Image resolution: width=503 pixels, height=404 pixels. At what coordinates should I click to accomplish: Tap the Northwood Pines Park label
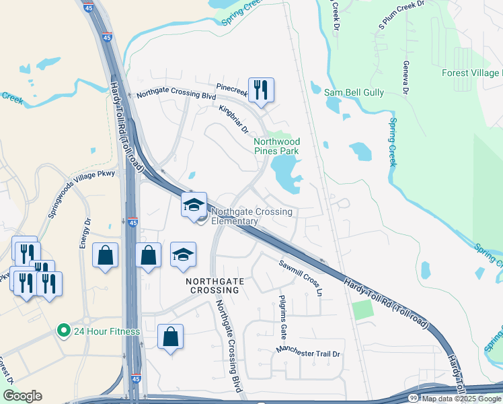[276, 147]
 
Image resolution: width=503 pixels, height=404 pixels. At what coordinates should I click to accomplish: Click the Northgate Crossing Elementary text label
[252, 216]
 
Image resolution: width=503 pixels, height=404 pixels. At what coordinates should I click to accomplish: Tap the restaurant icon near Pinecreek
[261, 90]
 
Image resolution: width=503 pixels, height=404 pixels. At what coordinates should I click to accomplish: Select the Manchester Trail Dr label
[309, 351]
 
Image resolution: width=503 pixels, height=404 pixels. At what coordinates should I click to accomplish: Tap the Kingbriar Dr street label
[233, 119]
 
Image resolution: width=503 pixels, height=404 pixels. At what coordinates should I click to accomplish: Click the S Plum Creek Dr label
[402, 14]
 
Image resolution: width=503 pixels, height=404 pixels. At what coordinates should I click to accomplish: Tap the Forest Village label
[471, 73]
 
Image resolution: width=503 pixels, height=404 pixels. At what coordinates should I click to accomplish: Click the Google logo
[22, 396]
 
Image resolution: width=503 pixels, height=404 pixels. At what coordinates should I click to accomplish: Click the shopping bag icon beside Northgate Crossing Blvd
[170, 337]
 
